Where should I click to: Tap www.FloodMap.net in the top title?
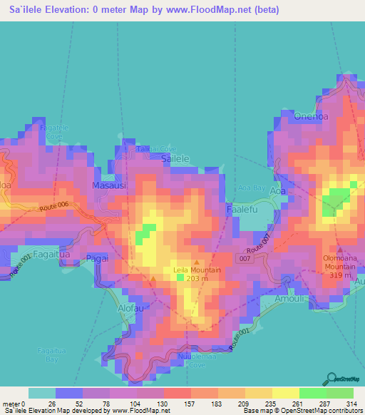click(214, 10)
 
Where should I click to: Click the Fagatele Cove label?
click(55, 131)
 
